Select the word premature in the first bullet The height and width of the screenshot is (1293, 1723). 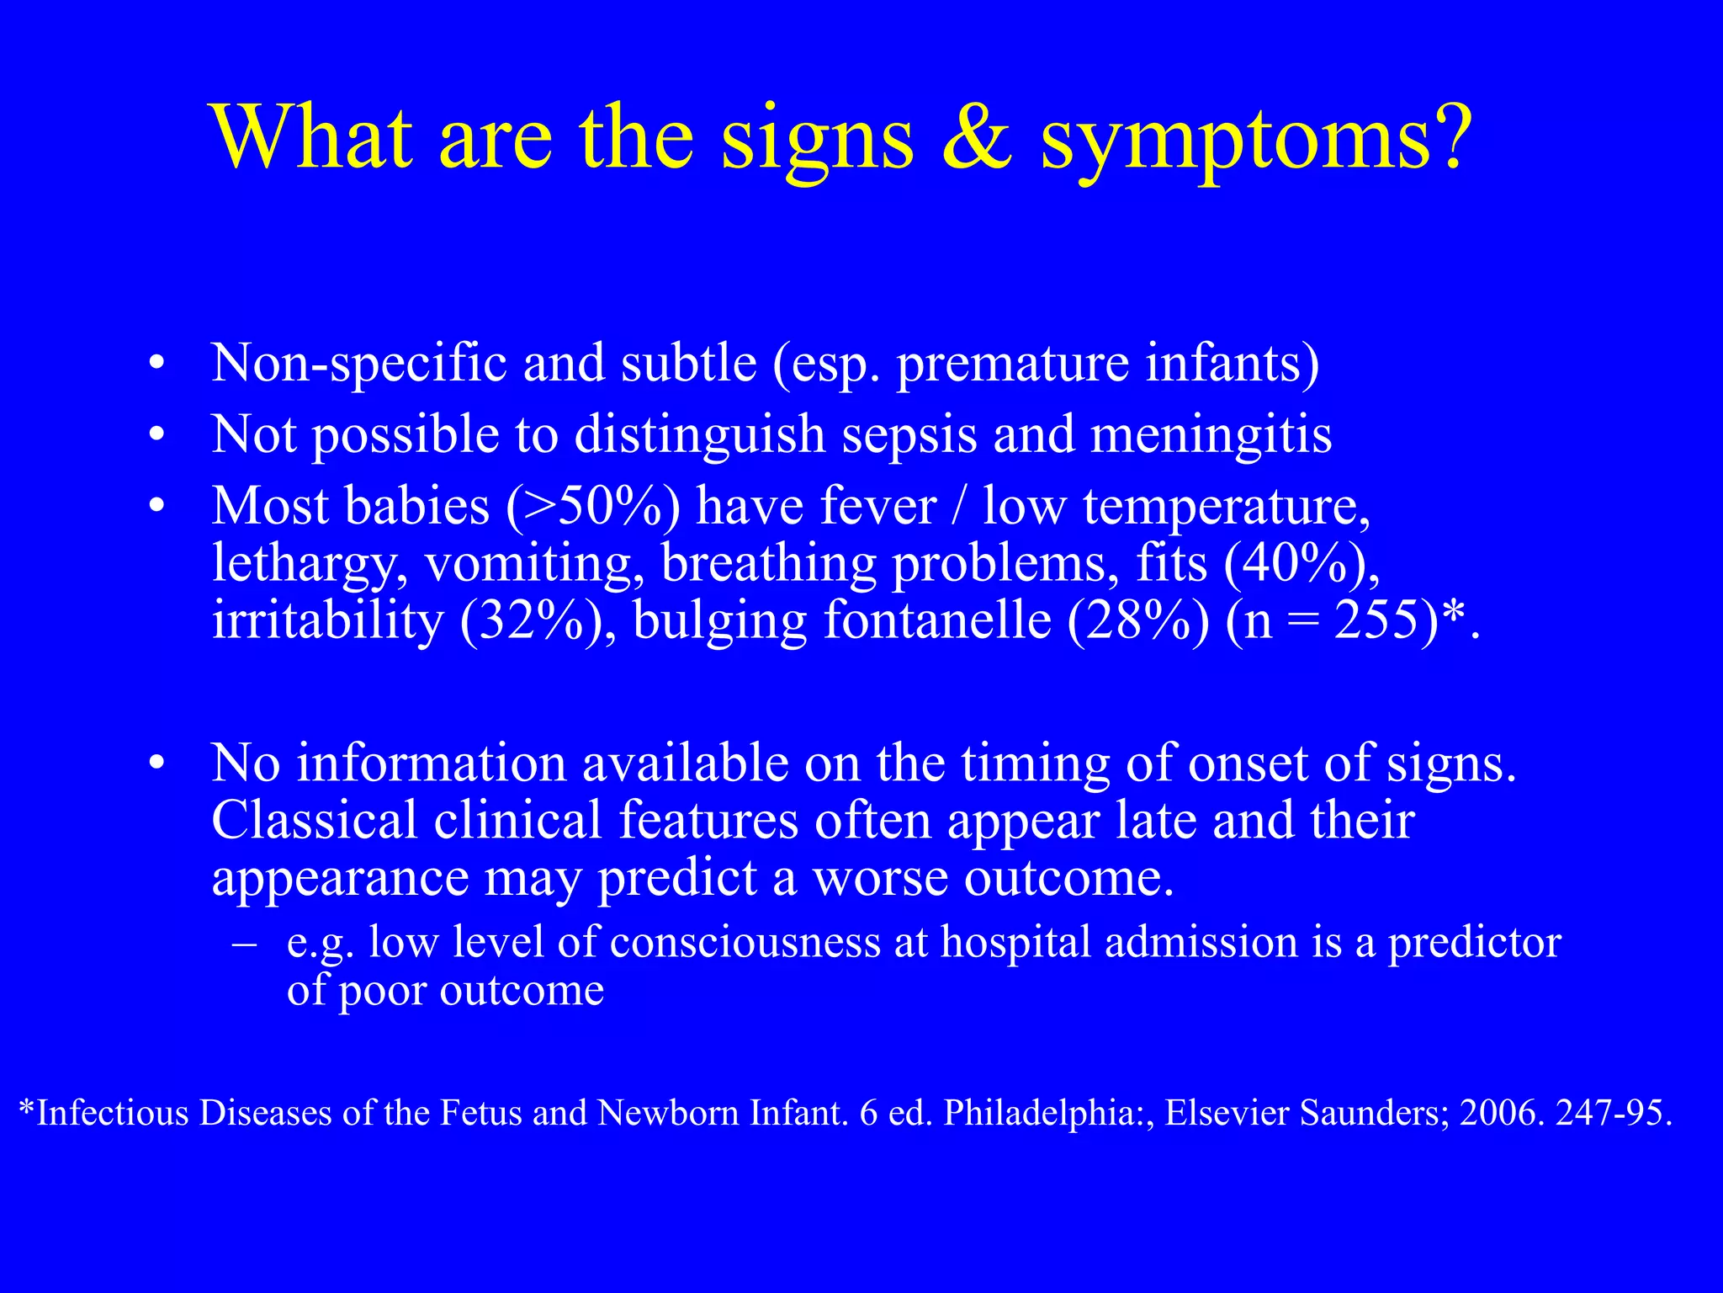coord(1012,365)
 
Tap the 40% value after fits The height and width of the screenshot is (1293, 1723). coord(1296,564)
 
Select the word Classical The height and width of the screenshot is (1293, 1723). coord(314,820)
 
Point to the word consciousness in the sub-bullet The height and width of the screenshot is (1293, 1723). coord(745,942)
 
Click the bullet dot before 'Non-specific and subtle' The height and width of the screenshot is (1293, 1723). coord(156,364)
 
